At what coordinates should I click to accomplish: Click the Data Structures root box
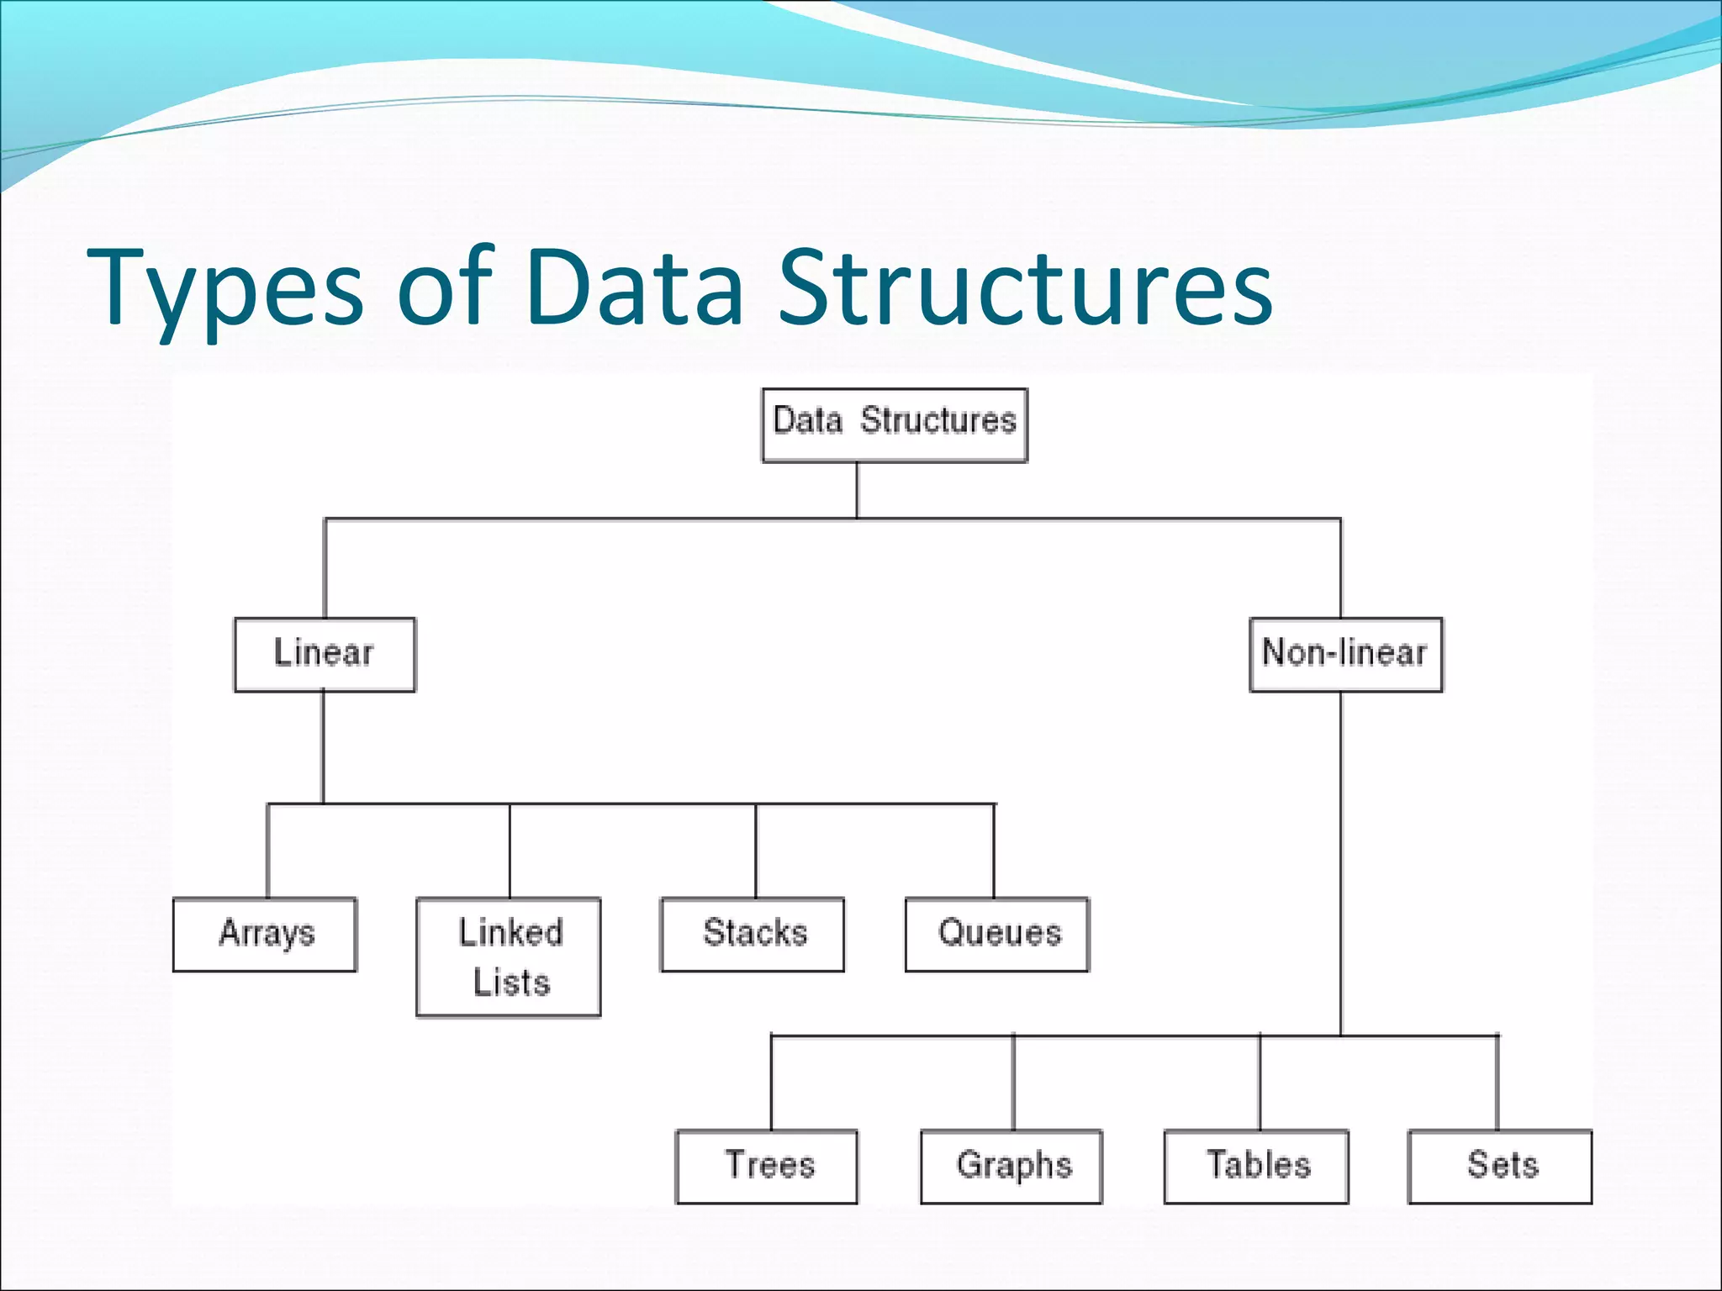[895, 424]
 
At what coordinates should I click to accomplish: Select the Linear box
[325, 655]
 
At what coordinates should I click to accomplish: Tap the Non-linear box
[1345, 655]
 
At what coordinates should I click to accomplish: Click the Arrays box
[265, 935]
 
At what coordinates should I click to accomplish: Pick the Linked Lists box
[509, 956]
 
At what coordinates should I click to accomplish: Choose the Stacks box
[753, 935]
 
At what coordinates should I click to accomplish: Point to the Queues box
[997, 935]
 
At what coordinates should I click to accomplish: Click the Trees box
[767, 1167]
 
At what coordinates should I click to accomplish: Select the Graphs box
[1012, 1167]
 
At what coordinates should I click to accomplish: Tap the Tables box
[1256, 1167]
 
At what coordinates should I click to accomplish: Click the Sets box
[1500, 1167]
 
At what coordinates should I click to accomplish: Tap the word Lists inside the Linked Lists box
[511, 983]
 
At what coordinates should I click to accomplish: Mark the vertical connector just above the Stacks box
[755, 851]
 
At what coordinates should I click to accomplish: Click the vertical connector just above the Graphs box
[1013, 1083]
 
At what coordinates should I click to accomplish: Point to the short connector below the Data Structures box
[857, 490]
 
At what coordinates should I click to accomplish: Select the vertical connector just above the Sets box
[1498, 1083]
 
